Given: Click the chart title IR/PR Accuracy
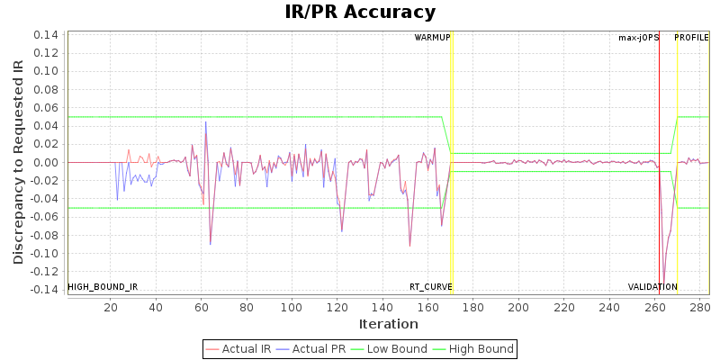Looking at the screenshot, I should tap(360, 12).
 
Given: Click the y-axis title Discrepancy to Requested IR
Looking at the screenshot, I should tap(18, 162).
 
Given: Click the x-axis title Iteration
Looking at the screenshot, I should tap(388, 324).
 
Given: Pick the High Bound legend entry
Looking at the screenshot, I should tap(473, 349).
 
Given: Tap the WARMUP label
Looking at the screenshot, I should tap(432, 38).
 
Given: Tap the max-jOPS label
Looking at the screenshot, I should tap(638, 38).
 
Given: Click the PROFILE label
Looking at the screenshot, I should tap(691, 38).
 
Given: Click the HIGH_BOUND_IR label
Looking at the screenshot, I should tap(103, 287).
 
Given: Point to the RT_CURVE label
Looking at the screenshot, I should tap(431, 287).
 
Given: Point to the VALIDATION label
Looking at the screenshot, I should tap(652, 287).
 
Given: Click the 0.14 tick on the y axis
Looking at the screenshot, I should tap(46, 35).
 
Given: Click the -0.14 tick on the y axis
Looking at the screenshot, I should tap(44, 290).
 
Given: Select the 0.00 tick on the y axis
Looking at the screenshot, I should tap(46, 162).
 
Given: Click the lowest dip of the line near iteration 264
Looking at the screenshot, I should tap(664, 283).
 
